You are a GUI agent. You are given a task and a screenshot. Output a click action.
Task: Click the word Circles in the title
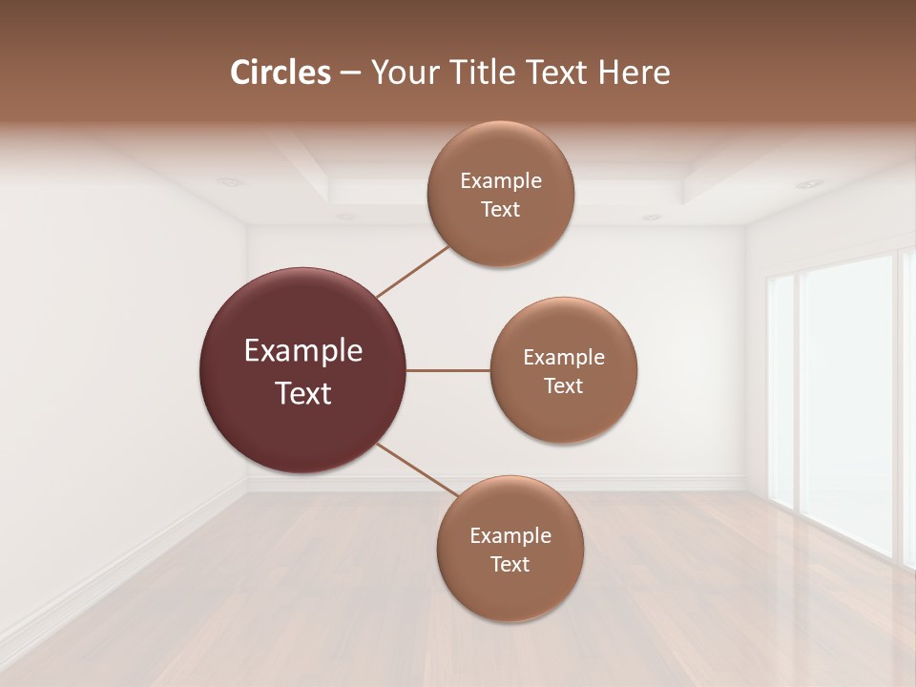pos(281,73)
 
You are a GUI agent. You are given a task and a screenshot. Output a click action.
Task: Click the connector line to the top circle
pos(413,271)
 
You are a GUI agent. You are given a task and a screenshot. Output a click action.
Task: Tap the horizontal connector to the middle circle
pos(448,370)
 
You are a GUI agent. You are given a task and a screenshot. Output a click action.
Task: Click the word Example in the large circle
pos(303,351)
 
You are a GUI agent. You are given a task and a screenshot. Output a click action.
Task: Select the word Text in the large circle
pos(303,393)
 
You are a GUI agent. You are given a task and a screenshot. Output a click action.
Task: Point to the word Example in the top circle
pos(501,181)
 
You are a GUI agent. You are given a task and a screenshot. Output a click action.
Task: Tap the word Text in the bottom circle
pos(510,564)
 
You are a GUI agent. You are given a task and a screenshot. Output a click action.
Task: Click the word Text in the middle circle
pos(563,385)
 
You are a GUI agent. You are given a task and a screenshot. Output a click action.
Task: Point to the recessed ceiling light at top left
pos(229,181)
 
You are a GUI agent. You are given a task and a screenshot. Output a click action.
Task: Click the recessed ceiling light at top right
pos(808,183)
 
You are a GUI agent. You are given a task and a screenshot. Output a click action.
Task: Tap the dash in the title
pos(350,73)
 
